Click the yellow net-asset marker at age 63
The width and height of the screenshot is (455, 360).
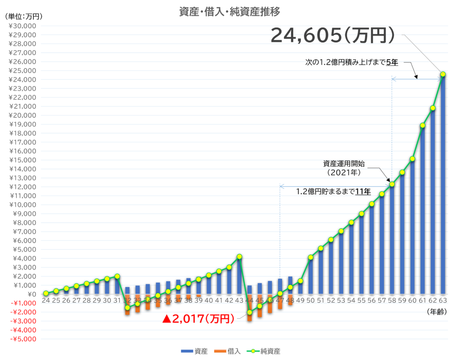coord(443,74)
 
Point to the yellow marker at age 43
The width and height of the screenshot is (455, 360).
coord(239,256)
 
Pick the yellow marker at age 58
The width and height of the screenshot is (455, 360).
coord(392,184)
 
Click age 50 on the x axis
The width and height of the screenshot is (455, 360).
coord(311,301)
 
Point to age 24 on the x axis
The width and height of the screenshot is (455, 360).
coord(46,301)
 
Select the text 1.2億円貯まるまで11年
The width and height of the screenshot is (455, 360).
coord(333,192)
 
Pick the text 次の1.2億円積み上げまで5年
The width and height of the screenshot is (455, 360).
coord(351,63)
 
